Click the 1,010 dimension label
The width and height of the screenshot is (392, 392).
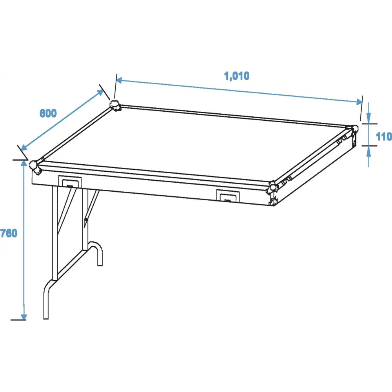tap(236, 76)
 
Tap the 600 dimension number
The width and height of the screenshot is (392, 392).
tap(48, 113)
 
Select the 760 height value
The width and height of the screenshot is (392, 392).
tap(9, 233)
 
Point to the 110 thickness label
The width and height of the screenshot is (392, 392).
tap(384, 136)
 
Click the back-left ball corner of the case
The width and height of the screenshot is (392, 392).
tap(115, 105)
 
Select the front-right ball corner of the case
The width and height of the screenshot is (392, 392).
tap(272, 187)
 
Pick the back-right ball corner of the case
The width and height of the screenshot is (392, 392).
tap(354, 131)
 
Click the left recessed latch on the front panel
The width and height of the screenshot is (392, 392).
tap(70, 182)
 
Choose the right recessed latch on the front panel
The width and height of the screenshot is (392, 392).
tap(228, 196)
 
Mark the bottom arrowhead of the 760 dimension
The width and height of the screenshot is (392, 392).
tap(24, 316)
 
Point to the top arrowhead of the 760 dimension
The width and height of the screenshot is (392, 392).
tap(24, 163)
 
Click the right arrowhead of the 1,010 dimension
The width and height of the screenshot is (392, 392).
tap(359, 102)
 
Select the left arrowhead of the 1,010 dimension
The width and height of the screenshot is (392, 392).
tap(119, 80)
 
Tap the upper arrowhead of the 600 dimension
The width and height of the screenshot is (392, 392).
tap(100, 92)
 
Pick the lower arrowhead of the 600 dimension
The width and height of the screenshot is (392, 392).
tap(24, 148)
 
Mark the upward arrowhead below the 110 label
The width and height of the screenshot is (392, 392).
tap(368, 151)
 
